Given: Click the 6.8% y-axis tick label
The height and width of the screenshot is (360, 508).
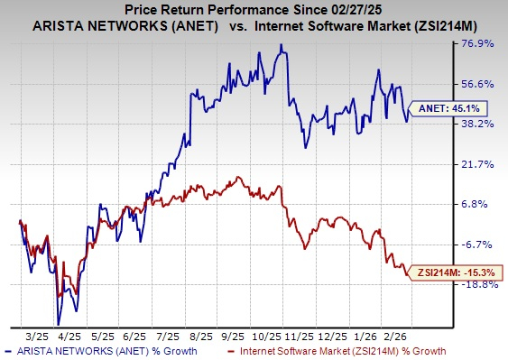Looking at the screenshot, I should coord(483,204).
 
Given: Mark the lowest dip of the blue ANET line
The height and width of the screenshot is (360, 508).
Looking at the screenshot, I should coord(59,323).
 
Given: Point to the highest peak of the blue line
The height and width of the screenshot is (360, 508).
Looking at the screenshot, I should coord(282,44).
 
